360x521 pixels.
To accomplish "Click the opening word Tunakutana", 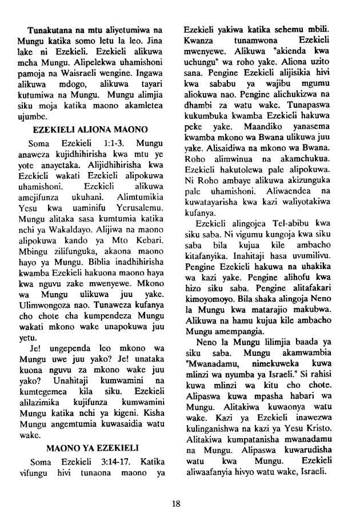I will pyautogui.click(x=50, y=29).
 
